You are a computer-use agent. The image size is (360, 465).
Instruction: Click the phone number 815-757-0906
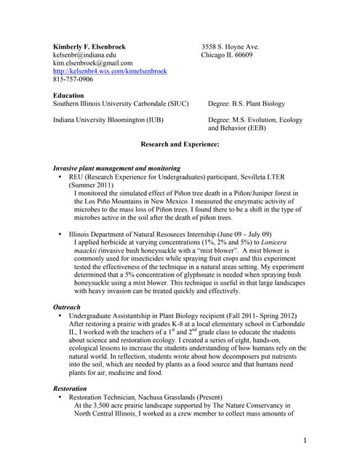click(73, 79)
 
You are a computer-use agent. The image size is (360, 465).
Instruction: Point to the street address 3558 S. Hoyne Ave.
click(230, 46)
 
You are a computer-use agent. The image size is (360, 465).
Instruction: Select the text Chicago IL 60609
click(227, 55)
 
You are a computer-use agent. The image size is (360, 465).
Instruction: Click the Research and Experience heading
click(180, 145)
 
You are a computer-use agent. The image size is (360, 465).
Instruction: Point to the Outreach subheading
click(67, 307)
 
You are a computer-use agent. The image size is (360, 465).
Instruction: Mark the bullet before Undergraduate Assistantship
click(59, 316)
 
